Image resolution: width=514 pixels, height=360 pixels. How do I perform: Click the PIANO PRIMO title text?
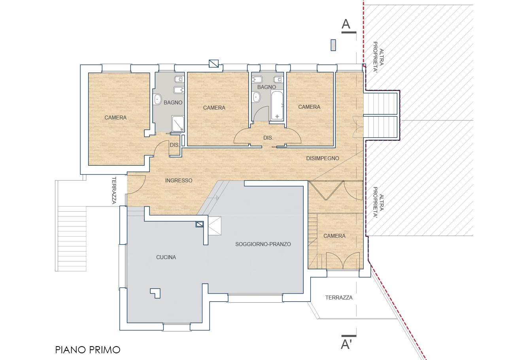[88, 350]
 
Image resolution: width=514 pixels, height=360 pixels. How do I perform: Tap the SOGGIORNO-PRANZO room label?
[263, 244]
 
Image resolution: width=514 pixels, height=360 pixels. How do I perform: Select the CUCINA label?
[166, 257]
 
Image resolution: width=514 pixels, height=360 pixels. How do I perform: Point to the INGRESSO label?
[179, 180]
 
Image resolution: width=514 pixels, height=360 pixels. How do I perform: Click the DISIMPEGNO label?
[323, 158]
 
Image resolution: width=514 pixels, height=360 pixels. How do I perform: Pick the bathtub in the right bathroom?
[277, 105]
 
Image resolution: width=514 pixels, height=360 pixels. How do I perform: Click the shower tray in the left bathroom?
[178, 124]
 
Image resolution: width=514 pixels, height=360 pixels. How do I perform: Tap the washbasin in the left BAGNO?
[158, 99]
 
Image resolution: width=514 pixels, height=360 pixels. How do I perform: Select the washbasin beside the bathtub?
[256, 97]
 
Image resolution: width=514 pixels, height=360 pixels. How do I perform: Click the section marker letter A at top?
[346, 24]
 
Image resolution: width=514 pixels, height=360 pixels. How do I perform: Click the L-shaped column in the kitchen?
[155, 293]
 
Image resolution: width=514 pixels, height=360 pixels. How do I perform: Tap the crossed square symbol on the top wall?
[214, 64]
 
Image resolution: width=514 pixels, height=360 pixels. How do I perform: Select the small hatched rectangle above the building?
[333, 45]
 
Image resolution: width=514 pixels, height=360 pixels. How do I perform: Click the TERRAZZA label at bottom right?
[339, 297]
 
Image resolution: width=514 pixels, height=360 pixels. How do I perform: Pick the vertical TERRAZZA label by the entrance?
[114, 190]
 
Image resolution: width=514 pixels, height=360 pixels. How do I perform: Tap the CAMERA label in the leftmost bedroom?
[115, 117]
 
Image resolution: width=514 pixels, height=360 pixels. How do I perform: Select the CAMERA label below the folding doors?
[334, 236]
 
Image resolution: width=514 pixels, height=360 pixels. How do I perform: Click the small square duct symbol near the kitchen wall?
[200, 224]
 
